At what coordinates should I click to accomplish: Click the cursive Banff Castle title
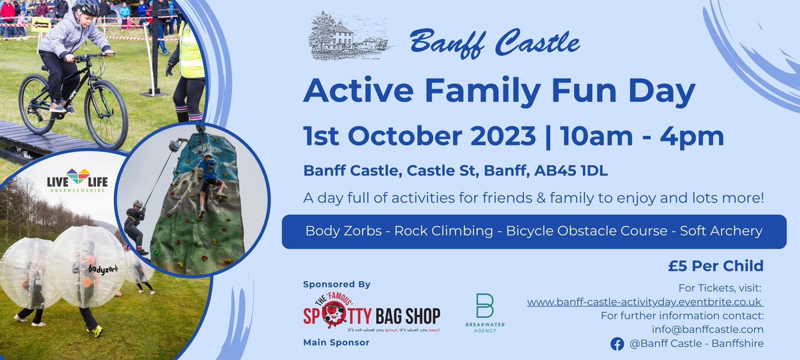[x=495, y=43]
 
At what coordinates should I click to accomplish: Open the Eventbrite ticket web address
[x=645, y=302]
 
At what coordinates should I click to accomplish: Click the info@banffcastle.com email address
[x=707, y=329]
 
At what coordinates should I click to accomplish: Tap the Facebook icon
[x=617, y=343]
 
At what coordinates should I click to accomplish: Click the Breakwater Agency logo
[x=485, y=313]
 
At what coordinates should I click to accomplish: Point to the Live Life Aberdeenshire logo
[x=77, y=180]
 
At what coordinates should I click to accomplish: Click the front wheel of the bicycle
[x=105, y=114]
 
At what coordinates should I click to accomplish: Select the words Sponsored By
[x=336, y=284]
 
